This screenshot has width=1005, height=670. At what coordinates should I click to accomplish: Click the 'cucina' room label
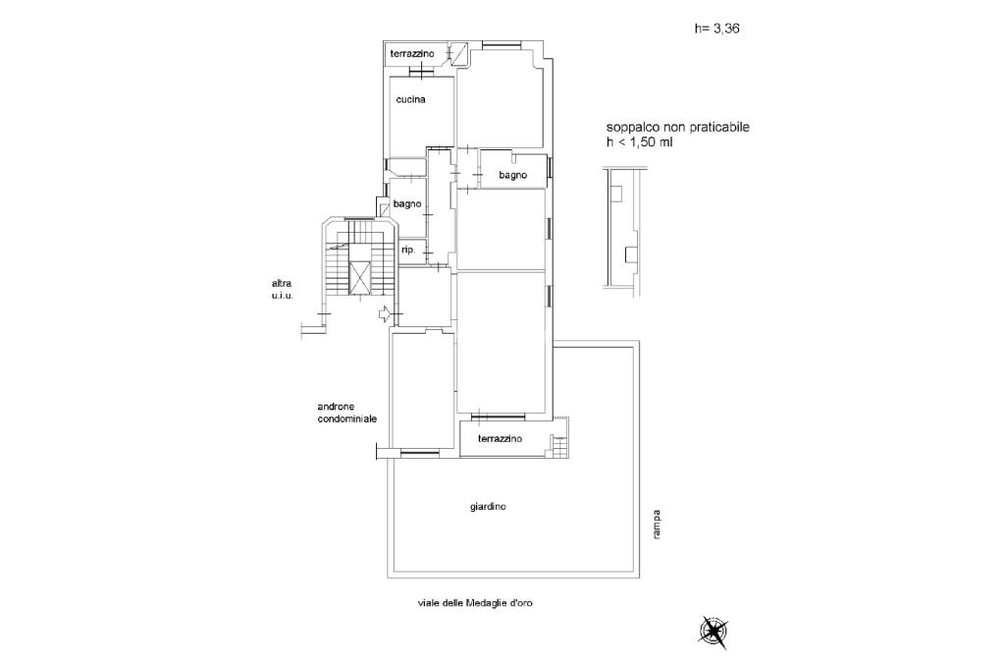[x=410, y=99]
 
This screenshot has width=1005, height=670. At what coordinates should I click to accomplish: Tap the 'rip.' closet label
[x=407, y=251]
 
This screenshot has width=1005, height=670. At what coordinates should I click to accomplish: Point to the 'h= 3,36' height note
[x=716, y=29]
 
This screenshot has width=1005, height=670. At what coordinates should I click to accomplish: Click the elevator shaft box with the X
[x=361, y=278]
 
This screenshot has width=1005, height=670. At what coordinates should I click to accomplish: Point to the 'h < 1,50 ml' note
[x=639, y=142]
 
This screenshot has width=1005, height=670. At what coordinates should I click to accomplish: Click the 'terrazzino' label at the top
[x=410, y=52]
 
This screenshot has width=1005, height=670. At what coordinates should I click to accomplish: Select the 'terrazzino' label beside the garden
[x=500, y=438]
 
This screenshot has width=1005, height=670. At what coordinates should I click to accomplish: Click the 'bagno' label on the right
[x=512, y=175]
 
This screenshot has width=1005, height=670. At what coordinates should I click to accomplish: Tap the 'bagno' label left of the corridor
[x=406, y=204]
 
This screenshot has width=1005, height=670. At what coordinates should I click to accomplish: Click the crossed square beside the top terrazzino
[x=457, y=52]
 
